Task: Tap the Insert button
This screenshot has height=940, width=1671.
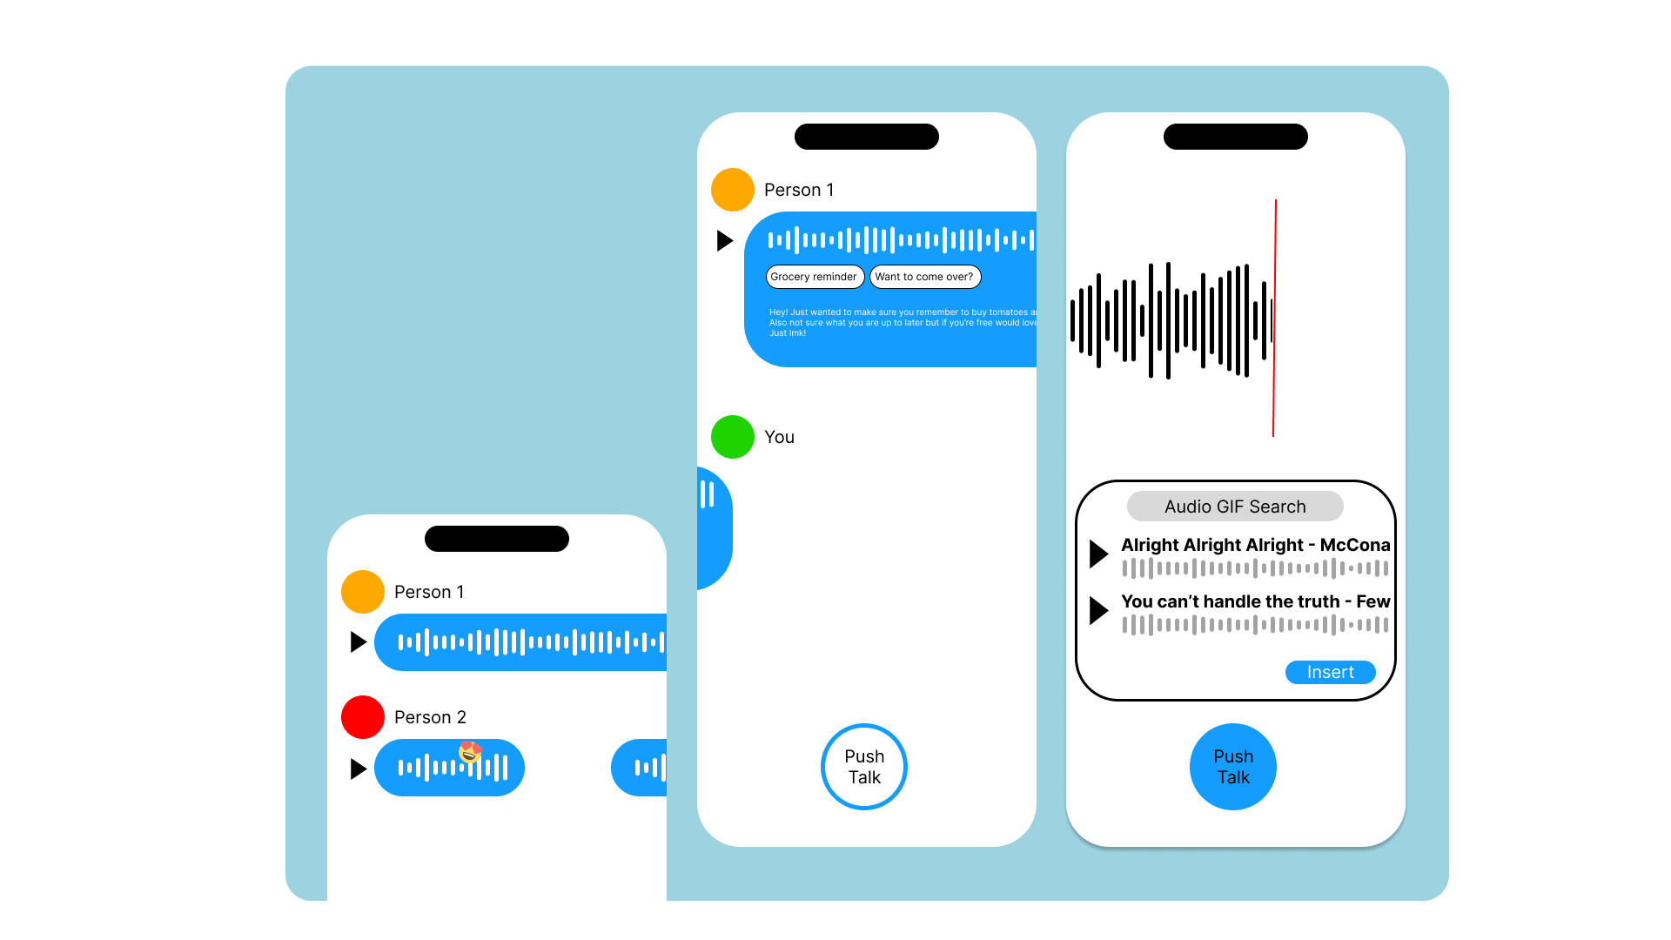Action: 1330,672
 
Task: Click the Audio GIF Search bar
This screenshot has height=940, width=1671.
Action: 1234,507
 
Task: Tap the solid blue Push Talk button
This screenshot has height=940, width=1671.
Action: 1232,767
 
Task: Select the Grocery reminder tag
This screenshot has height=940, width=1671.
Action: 814,277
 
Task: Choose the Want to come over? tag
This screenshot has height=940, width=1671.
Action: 924,277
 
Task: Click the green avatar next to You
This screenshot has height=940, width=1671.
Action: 732,437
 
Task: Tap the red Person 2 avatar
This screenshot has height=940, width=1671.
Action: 363,717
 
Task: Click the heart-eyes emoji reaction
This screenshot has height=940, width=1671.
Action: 470,751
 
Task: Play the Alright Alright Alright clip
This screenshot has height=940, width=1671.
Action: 1098,554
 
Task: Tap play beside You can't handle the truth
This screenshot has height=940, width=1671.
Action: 1098,610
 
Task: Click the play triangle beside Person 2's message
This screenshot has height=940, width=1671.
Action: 358,769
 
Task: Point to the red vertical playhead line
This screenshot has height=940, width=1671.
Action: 1274,318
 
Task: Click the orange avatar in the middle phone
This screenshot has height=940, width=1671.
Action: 732,190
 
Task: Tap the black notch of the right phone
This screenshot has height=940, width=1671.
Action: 1235,137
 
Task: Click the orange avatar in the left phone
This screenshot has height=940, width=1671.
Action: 363,592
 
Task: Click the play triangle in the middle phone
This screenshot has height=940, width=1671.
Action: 724,240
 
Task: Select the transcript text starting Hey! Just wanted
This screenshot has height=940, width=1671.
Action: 901,322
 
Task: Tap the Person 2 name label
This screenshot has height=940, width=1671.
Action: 430,717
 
